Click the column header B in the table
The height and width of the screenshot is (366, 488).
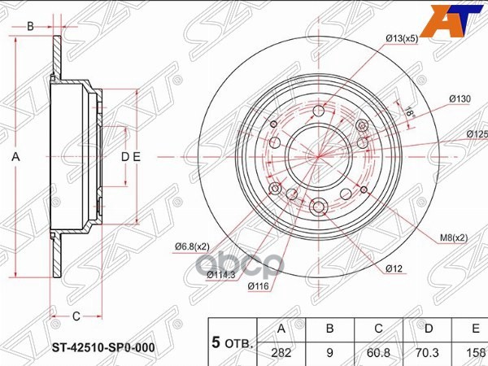point(330,329)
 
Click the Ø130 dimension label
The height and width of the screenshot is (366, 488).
point(460,99)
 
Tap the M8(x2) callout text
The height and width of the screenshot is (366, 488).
point(453,237)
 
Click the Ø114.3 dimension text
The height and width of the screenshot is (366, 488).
point(221,274)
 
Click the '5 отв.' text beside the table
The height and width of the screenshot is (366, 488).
point(232,342)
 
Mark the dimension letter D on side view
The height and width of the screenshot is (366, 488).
point(124,156)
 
